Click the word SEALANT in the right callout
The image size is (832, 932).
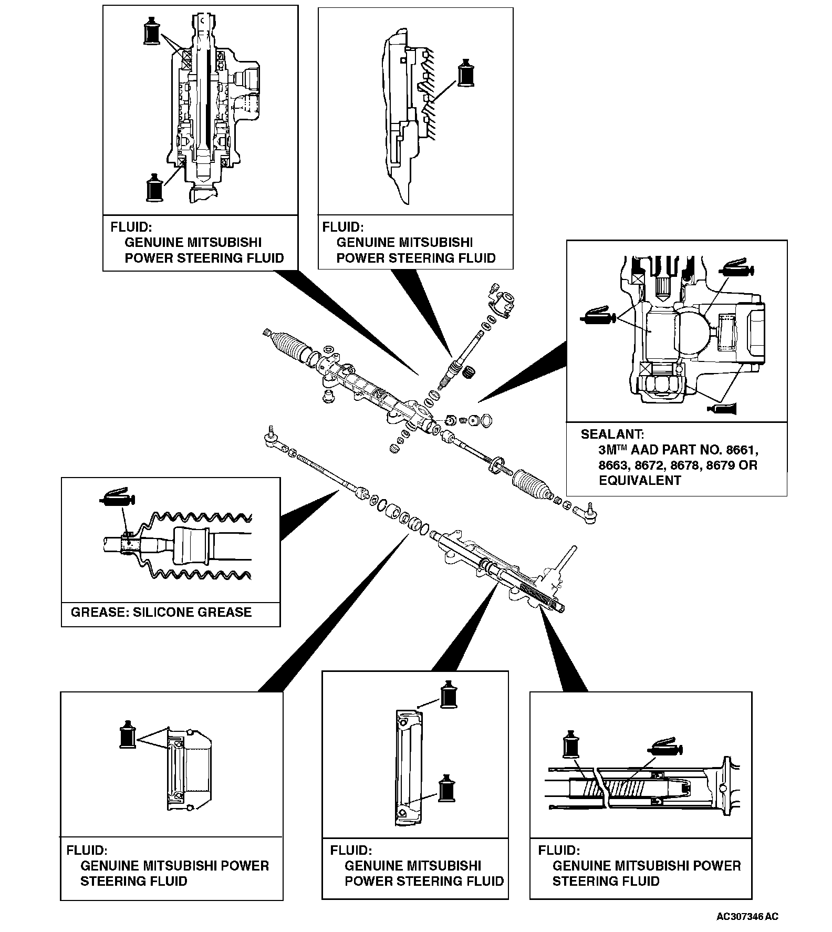point(611,434)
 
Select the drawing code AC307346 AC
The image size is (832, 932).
point(747,917)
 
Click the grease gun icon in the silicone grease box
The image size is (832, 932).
point(117,496)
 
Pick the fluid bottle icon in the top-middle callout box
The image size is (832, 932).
point(466,73)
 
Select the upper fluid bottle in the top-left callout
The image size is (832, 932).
point(151,30)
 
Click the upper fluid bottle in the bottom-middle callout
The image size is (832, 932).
point(448,694)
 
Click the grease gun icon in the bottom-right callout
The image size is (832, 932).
point(665,748)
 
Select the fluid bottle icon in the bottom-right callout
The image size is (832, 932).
point(570,743)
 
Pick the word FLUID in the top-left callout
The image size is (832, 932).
point(131,227)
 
